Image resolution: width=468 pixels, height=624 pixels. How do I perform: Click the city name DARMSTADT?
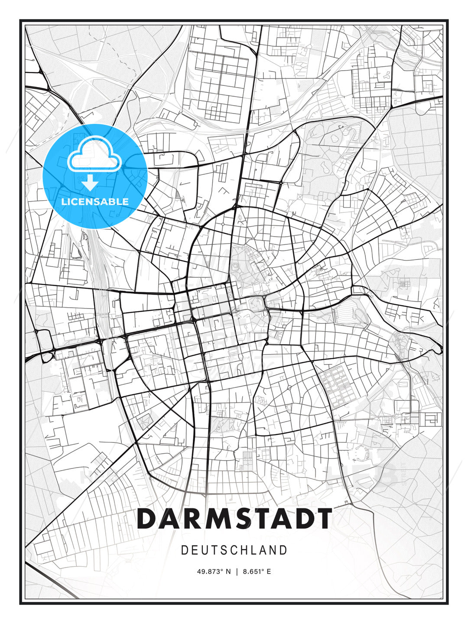tap(234, 519)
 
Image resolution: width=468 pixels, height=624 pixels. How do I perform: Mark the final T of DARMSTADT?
tap(323, 519)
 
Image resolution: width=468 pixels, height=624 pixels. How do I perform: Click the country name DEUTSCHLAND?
tap(234, 550)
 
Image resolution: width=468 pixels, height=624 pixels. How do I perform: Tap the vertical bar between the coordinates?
tap(237, 572)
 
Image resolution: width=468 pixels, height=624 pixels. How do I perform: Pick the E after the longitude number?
tap(269, 572)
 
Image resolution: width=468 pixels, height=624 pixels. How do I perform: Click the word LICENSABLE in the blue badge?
tap(95, 201)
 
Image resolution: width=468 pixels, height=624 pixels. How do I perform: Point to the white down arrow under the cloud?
tap(90, 183)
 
